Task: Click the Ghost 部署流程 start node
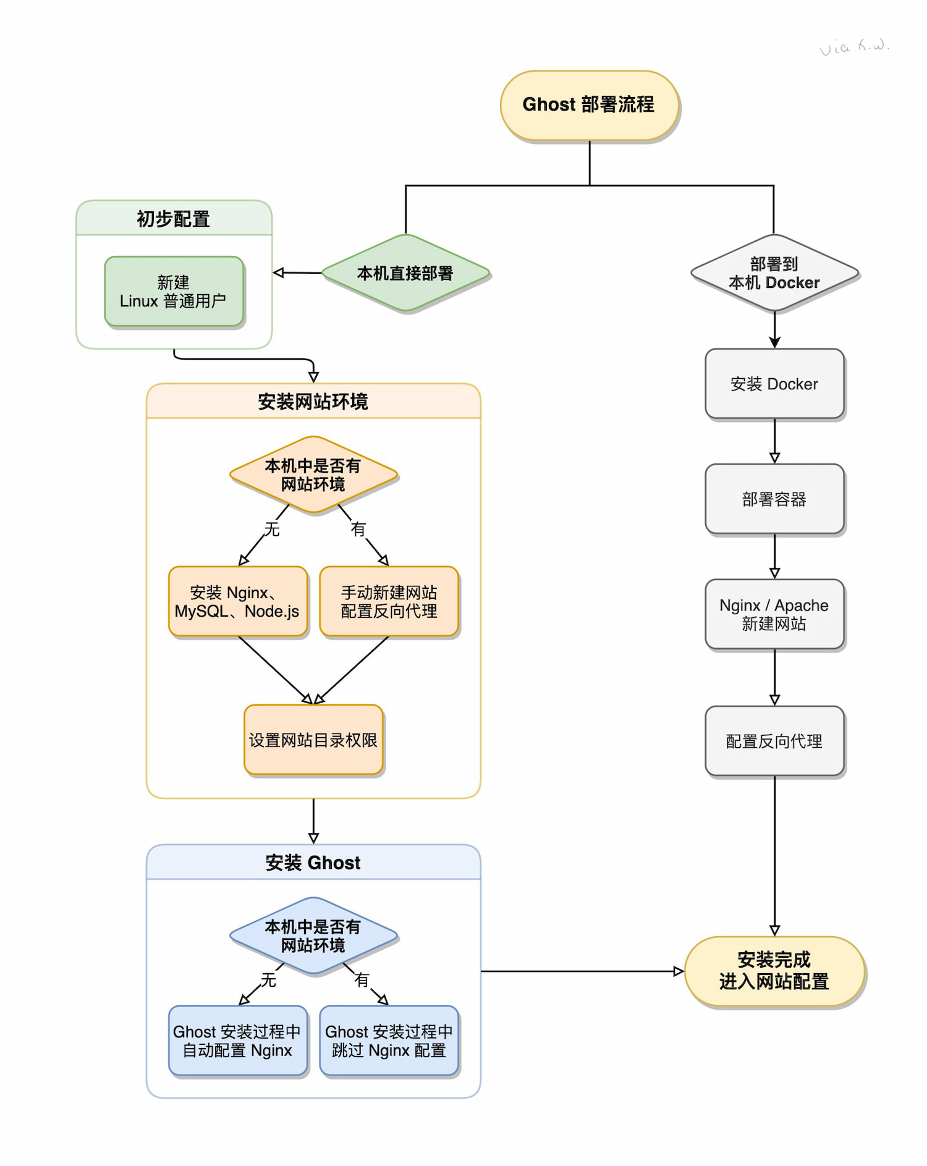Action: point(589,105)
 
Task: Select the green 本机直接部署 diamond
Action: point(405,273)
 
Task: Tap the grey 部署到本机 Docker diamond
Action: point(774,273)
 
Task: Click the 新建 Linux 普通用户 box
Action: point(174,292)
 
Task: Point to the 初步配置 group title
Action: point(174,219)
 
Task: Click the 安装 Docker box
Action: point(774,384)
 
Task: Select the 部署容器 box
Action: point(774,499)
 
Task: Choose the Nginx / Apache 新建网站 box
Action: point(774,614)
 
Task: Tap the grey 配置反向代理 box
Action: point(774,741)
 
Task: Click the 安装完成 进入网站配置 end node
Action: point(774,971)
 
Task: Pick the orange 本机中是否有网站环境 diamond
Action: point(313,475)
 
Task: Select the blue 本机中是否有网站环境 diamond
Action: point(313,936)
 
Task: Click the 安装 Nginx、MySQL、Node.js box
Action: point(237,601)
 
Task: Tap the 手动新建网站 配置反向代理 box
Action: point(389,601)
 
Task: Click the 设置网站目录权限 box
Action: point(313,740)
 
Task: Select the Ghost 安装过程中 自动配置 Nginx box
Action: point(237,1041)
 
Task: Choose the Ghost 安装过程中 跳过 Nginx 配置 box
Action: point(389,1041)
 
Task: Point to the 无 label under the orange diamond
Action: point(272,529)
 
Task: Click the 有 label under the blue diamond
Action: point(362,979)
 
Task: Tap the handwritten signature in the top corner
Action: point(854,47)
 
